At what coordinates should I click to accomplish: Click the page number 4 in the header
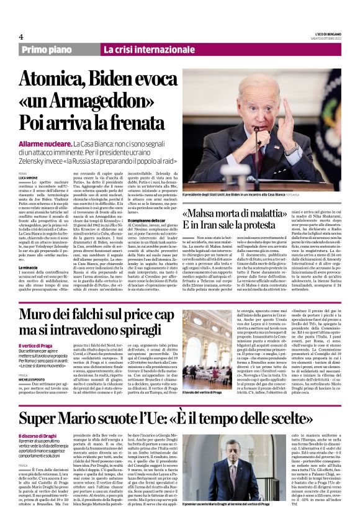tap(21, 37)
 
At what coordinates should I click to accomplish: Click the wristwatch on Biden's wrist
tap(291, 148)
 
